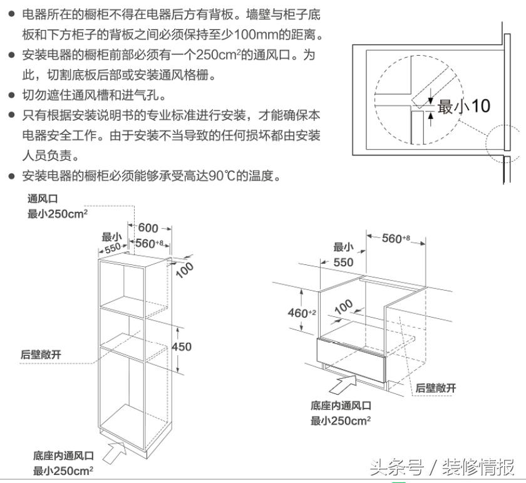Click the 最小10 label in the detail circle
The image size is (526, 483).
pyautogui.click(x=463, y=106)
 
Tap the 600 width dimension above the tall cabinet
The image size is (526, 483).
pyautogui.click(x=148, y=228)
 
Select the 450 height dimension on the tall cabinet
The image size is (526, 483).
pyautogui.click(x=182, y=346)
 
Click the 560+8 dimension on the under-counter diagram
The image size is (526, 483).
pyautogui.click(x=396, y=238)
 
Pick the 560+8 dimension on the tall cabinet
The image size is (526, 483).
pyautogui.click(x=149, y=243)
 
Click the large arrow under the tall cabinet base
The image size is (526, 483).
pyautogui.click(x=118, y=446)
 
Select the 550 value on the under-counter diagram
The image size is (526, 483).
pyautogui.click(x=343, y=262)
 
